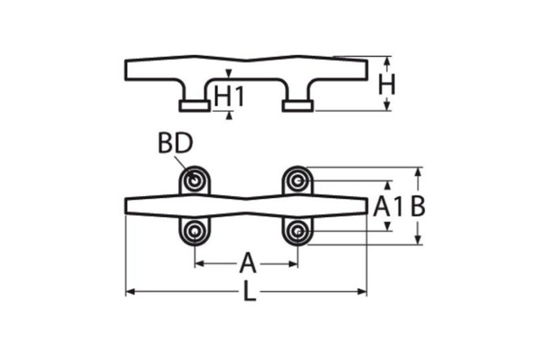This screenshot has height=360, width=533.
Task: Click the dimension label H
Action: pyautogui.click(x=387, y=85)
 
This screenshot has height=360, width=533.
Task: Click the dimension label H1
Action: pyautogui.click(x=229, y=96)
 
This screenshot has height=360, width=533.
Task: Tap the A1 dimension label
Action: pyautogui.click(x=388, y=206)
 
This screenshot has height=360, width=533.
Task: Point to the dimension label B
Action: pyautogui.click(x=417, y=206)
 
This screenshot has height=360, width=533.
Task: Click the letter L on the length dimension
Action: pyautogui.click(x=249, y=293)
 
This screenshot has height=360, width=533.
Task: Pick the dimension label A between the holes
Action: pyautogui.click(x=247, y=264)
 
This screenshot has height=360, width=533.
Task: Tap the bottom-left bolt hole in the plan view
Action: pyautogui.click(x=195, y=231)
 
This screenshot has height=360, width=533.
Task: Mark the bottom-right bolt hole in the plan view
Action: pyautogui.click(x=298, y=231)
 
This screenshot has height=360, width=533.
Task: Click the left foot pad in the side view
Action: pyautogui.click(x=195, y=105)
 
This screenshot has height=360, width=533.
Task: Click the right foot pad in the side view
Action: pyautogui.click(x=298, y=105)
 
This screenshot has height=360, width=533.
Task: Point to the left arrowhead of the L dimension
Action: pyautogui.click(x=129, y=292)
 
